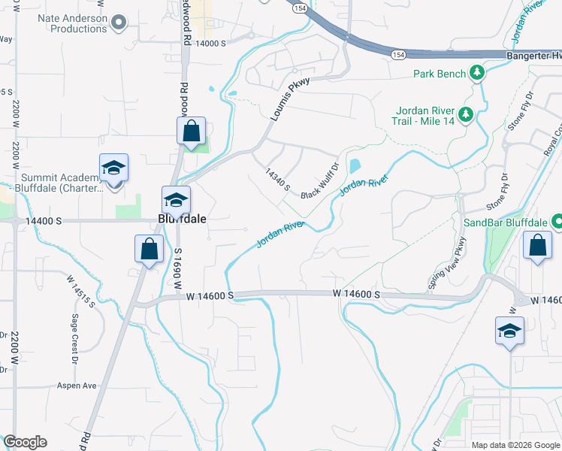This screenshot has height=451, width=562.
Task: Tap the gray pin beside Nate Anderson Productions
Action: tap(118, 24)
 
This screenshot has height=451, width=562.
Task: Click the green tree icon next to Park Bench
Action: tap(476, 73)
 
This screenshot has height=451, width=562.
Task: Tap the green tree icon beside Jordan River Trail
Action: tap(467, 114)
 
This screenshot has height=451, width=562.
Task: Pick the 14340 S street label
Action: tap(277, 180)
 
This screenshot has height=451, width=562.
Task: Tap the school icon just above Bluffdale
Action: tap(176, 200)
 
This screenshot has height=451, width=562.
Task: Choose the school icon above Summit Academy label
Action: tap(113, 168)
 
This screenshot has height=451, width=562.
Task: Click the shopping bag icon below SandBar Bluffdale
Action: tap(538, 245)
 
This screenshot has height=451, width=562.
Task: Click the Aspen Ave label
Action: tap(77, 386)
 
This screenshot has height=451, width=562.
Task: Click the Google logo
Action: tap(25, 442)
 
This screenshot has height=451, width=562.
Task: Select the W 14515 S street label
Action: tap(80, 291)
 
